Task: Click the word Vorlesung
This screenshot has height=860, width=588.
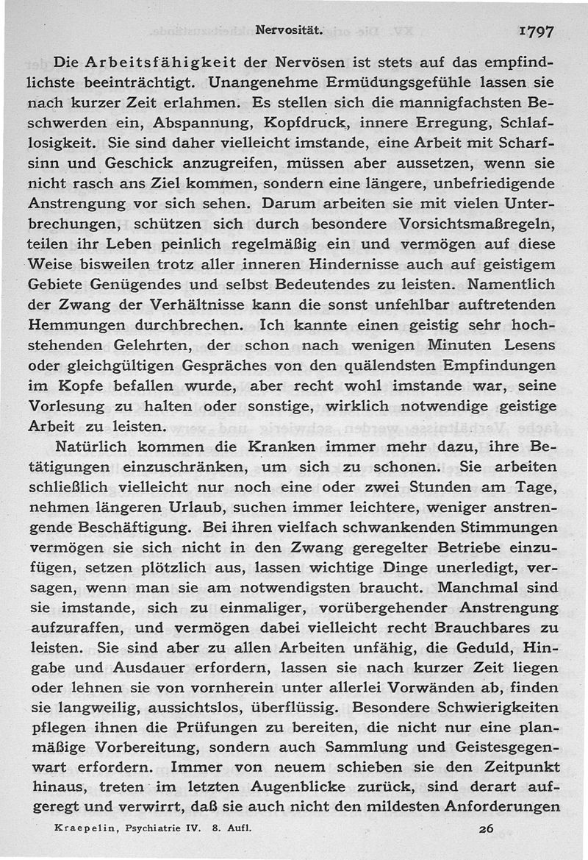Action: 64,405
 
